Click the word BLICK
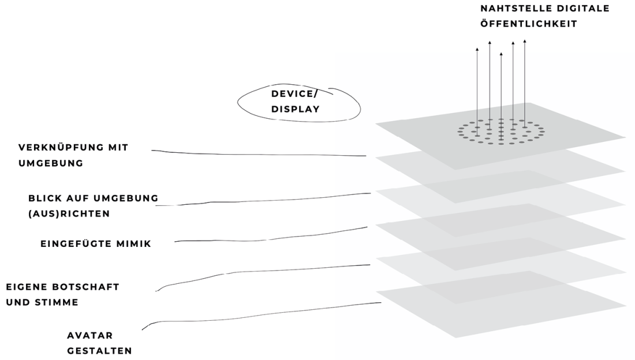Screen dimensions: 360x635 44,198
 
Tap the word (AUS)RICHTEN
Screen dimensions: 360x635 69,213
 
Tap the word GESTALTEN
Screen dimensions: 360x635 99,350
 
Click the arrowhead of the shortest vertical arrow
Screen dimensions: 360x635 500,54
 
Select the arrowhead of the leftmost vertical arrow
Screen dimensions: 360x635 477,50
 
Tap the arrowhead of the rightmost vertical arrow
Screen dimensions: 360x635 524,41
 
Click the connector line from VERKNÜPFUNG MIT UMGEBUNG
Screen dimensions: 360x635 260,154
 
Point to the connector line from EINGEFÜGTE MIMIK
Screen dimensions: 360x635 271,238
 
